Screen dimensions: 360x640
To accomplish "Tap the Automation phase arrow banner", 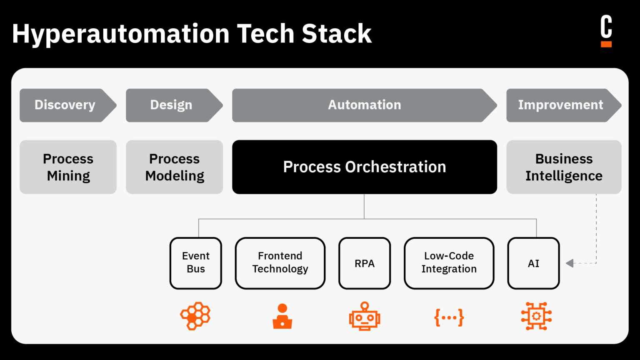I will [364, 105].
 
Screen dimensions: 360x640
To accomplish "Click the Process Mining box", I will [68, 167].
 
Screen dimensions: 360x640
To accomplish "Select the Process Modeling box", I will [174, 167].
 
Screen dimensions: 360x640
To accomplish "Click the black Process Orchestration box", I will [364, 167].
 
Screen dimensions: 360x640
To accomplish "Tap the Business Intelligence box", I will [564, 167].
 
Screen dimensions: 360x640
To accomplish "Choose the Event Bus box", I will [196, 263].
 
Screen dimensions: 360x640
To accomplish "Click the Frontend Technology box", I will [280, 263].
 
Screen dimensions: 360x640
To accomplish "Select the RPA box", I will [365, 263].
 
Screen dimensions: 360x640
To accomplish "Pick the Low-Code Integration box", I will [449, 263].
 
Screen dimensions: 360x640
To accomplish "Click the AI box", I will [533, 263].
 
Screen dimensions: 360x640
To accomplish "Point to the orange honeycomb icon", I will [195, 316].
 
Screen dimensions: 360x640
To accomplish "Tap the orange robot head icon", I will [365, 317].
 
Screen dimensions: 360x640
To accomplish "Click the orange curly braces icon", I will [449, 317].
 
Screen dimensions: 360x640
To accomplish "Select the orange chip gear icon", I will [536, 316].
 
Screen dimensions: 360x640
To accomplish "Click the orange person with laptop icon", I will [282, 317].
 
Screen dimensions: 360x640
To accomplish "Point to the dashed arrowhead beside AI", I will [570, 263].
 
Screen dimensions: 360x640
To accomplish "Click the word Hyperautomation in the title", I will [121, 34].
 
